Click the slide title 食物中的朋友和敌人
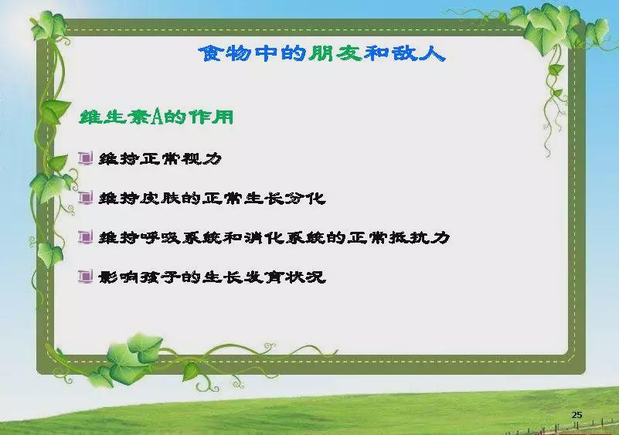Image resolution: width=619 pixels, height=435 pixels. pyautogui.click(x=322, y=53)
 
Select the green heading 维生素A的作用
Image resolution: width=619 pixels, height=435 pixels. pyautogui.click(x=156, y=117)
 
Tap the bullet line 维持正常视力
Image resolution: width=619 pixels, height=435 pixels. pyautogui.click(x=160, y=158)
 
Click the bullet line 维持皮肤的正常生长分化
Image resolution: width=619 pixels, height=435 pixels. pyautogui.click(x=212, y=198)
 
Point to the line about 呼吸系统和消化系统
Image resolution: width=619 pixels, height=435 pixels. pyautogui.click(x=274, y=238)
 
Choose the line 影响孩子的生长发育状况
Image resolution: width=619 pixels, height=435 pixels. pyautogui.click(x=212, y=277)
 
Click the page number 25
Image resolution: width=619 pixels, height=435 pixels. pyautogui.click(x=576, y=415)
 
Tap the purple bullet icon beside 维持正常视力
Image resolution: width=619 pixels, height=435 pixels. pyautogui.click(x=85, y=158)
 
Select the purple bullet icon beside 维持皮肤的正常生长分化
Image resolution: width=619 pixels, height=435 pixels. pyautogui.click(x=85, y=197)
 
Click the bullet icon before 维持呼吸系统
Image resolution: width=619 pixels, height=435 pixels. pyautogui.click(x=85, y=237)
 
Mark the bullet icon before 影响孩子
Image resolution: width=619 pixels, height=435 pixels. pyautogui.click(x=85, y=277)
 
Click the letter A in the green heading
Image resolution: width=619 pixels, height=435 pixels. pyautogui.click(x=158, y=117)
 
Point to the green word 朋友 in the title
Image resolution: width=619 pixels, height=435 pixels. pyautogui.click(x=335, y=53)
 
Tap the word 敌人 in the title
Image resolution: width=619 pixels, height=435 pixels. pyautogui.click(x=419, y=53)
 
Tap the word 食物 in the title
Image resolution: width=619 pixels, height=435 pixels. pyautogui.click(x=225, y=53)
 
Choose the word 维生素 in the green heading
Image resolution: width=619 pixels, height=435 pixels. pyautogui.click(x=115, y=117)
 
